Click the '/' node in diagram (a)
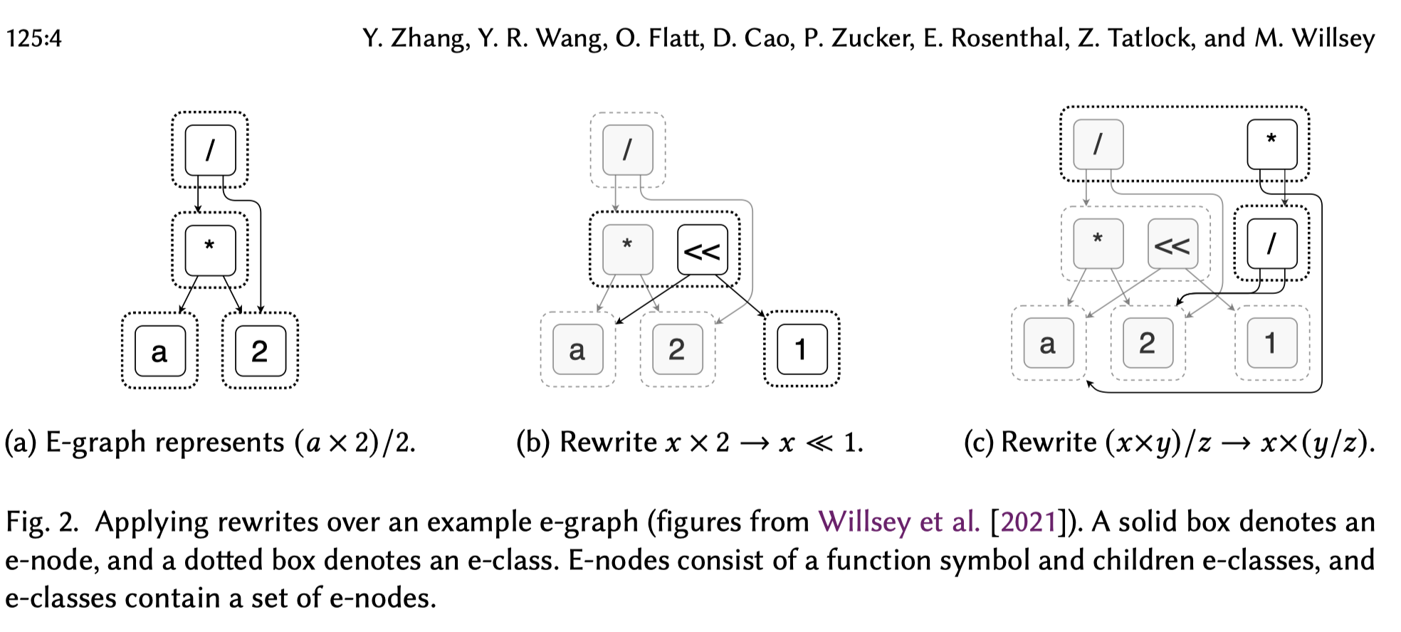pyautogui.click(x=210, y=150)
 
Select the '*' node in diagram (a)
pyautogui.click(x=210, y=250)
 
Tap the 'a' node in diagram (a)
pyautogui.click(x=159, y=351)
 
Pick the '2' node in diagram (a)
pyautogui.click(x=260, y=351)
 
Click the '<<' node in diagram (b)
pyautogui.click(x=702, y=250)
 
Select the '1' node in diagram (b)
pyautogui.click(x=802, y=349)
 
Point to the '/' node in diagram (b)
pyautogui.click(x=627, y=150)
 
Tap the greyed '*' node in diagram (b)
pyautogui.click(x=627, y=250)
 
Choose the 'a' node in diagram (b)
pyautogui.click(x=577, y=349)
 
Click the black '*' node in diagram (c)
pyautogui.click(x=1271, y=144)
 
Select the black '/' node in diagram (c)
pyautogui.click(x=1271, y=244)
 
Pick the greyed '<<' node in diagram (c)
pyautogui.click(x=1172, y=244)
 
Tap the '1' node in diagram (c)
pyautogui.click(x=1271, y=343)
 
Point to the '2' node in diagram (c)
pyautogui.click(x=1147, y=343)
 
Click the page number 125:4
pyautogui.click(x=33, y=38)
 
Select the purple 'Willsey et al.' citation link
pyautogui.click(x=899, y=522)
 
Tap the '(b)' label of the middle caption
pyautogui.click(x=533, y=442)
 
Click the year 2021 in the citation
pyautogui.click(x=1028, y=522)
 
